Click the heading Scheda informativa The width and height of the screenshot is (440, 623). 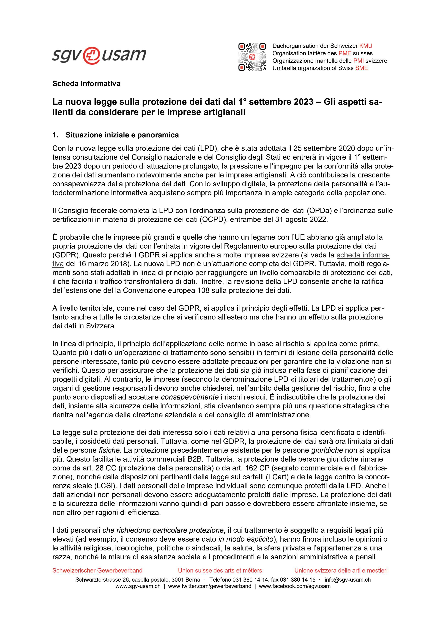[86, 84]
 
